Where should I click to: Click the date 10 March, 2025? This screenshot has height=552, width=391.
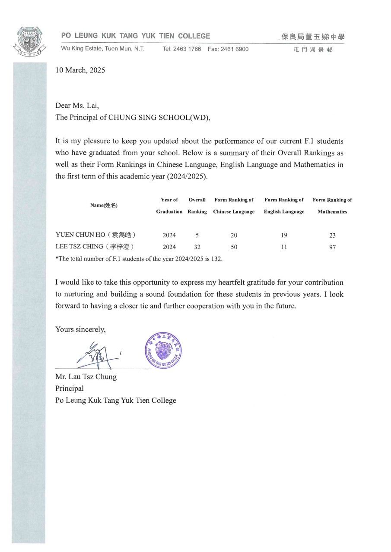coord(80,70)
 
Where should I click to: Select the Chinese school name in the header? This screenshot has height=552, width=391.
coord(313,37)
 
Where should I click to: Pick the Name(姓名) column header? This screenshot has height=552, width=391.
coord(104,205)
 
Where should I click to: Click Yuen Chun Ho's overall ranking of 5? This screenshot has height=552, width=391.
coord(197,235)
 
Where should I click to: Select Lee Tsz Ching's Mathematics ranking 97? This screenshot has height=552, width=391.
coord(332,248)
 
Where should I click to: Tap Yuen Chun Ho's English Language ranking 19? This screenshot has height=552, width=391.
coord(284,235)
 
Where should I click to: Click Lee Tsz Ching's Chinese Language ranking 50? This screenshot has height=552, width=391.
coord(234,248)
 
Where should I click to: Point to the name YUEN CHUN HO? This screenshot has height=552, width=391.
coord(80,235)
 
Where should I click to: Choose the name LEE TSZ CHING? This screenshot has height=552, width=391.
coord(79,247)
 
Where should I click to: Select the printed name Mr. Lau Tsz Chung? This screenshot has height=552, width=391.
coord(86,377)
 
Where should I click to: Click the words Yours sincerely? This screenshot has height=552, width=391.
coord(80,330)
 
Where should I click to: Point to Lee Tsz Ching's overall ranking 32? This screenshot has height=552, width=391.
coord(197,248)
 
